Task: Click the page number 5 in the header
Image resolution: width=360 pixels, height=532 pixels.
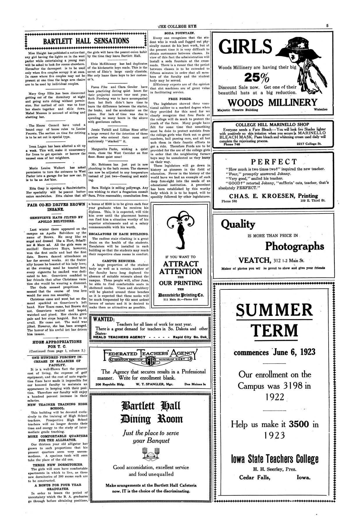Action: coord(327,26)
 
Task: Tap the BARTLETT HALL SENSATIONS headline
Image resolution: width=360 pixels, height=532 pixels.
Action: coord(86,41)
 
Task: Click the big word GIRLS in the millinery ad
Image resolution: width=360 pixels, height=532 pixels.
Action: coord(245,47)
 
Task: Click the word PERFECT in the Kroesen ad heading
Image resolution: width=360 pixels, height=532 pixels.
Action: coord(274,162)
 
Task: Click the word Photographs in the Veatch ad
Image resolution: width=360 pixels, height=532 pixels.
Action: coord(294,246)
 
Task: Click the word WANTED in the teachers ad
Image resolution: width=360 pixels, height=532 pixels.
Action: coord(103,319)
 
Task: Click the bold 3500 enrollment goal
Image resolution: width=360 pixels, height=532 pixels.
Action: coord(299,424)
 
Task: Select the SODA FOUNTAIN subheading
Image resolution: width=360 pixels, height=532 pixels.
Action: coord(179,33)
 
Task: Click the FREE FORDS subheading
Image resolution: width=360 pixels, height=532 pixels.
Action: coord(179,99)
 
